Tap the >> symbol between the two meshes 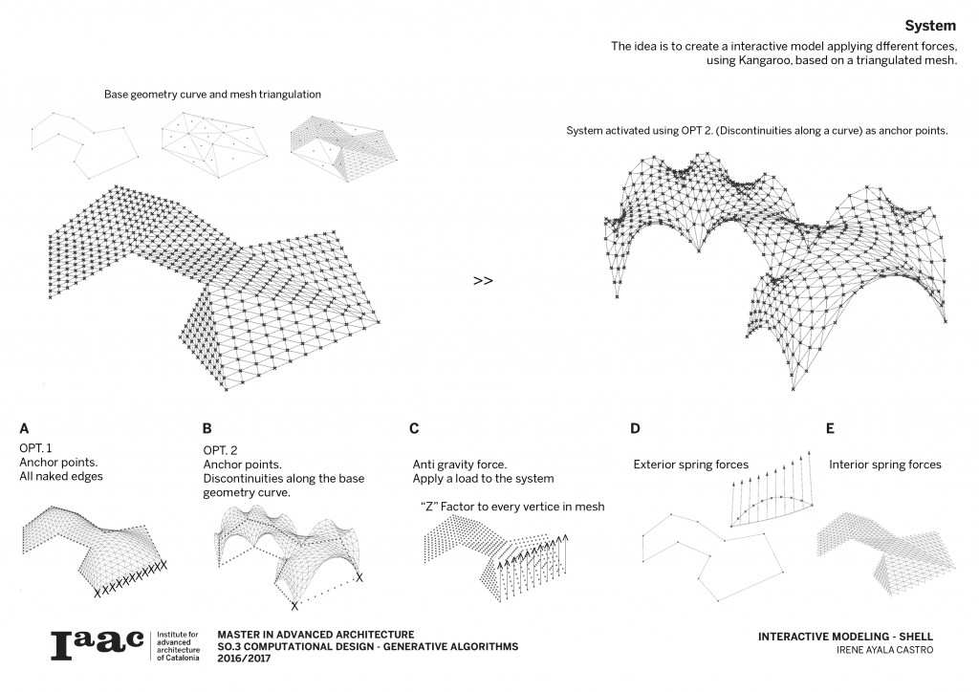point(483,281)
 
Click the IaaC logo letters point(97,644)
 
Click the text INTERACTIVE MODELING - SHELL point(844,637)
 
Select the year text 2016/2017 point(245,660)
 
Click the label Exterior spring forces point(690,465)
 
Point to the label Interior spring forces point(884,465)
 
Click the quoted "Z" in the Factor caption point(429,506)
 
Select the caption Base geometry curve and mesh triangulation point(213,95)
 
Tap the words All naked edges point(59,476)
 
